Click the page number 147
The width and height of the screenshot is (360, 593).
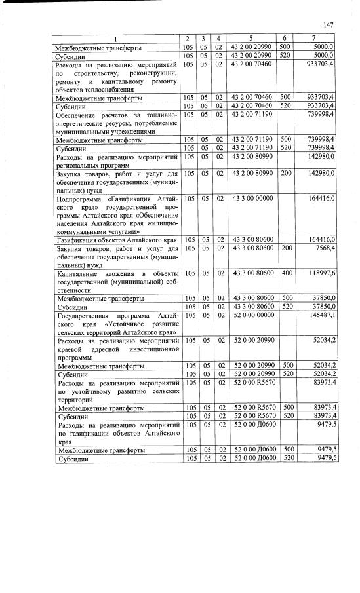[329, 25]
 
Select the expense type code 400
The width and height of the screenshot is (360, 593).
[285, 273]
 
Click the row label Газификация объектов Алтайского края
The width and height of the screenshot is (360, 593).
[117, 240]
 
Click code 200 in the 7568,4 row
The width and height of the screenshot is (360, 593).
[285, 248]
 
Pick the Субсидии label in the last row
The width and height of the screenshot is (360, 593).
[73, 458]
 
